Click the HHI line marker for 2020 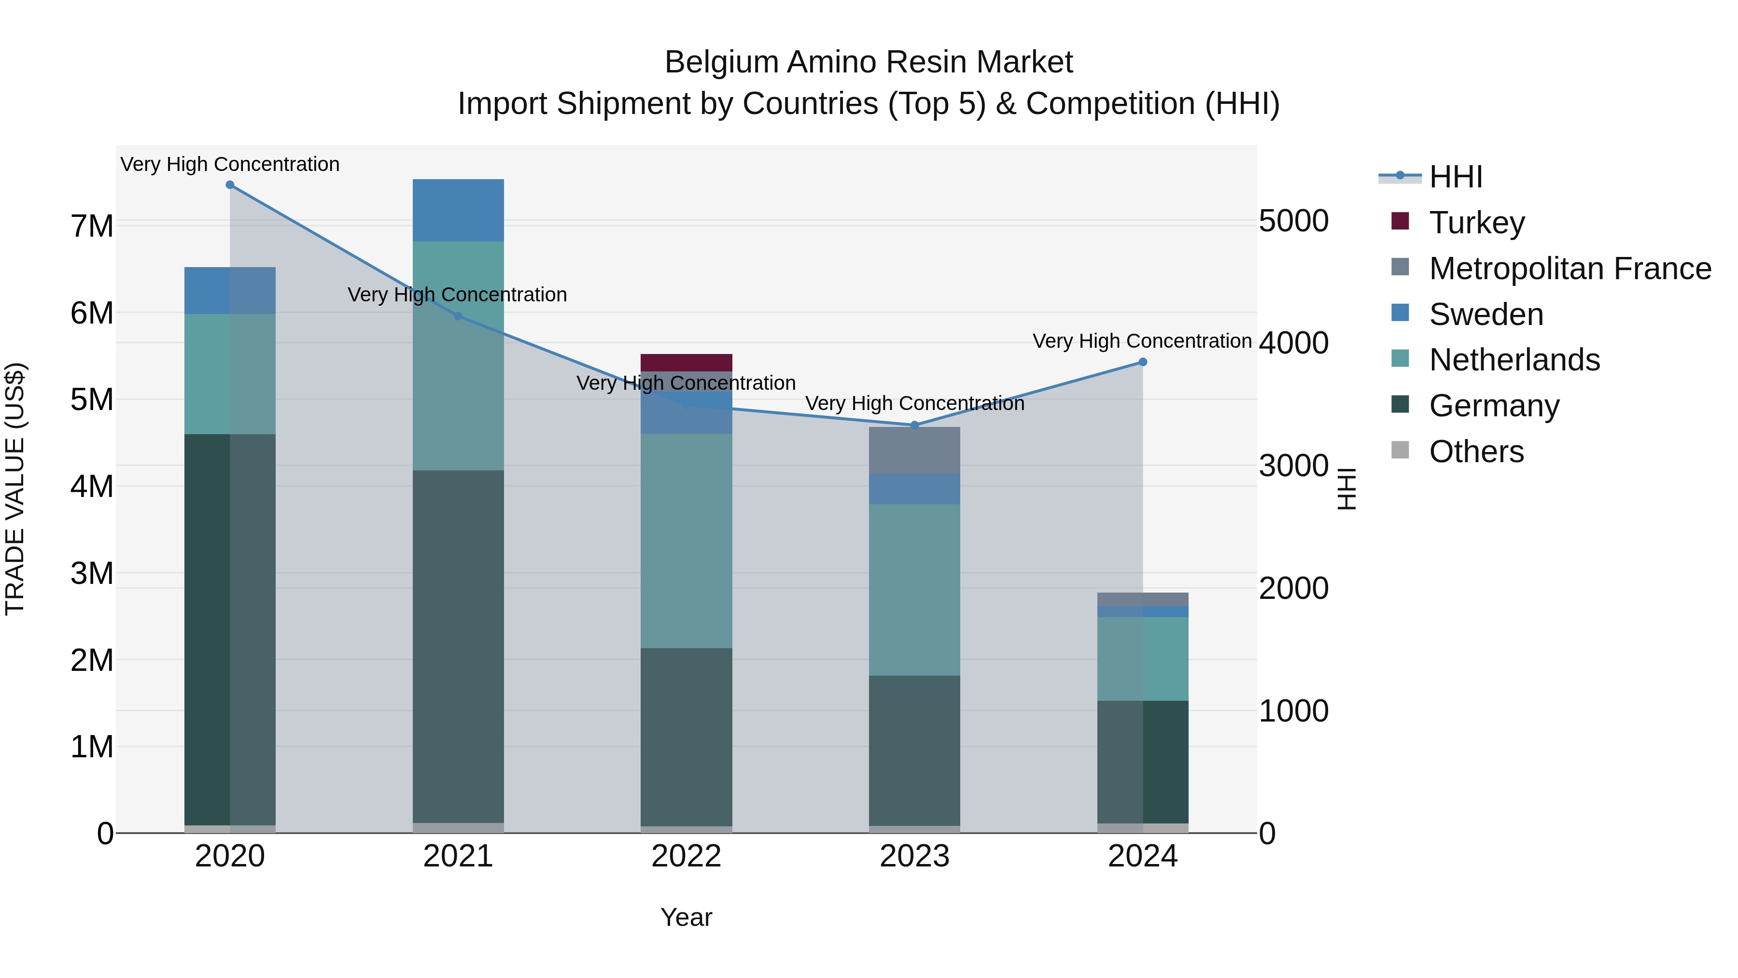point(230,185)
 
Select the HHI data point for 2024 point(1143,362)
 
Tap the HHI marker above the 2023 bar point(915,425)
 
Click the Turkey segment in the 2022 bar point(686,362)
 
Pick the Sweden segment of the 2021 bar point(458,210)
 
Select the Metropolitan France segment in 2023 point(914,450)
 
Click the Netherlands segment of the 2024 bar point(1143,659)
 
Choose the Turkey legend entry point(1477,223)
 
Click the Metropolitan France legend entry point(1570,269)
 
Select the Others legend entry point(1476,452)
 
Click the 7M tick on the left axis point(92,226)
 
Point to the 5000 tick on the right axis point(1293,221)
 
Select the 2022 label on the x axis point(686,856)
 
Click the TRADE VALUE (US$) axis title point(15,489)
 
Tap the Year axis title point(686,917)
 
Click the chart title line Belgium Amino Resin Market point(869,62)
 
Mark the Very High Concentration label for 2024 point(1142,341)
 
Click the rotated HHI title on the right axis point(1346,489)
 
